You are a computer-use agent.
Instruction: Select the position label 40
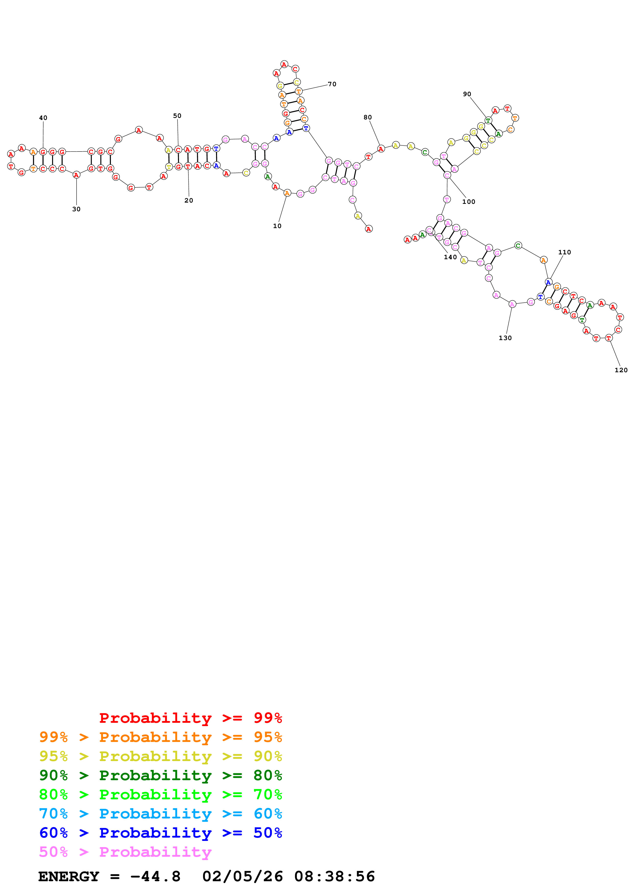coord(43,118)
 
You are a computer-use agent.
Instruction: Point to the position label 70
coord(332,84)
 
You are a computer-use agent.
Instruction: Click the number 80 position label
coord(368,117)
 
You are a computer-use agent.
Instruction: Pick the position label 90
coord(467,94)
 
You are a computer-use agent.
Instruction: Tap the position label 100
coord(469,202)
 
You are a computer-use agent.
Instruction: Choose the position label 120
coord(621,370)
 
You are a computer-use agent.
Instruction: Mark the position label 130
coord(505,338)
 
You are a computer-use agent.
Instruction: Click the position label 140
coord(450,257)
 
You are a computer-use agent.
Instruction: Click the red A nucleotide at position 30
coord(76,175)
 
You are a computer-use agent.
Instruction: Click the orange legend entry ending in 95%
coord(160,737)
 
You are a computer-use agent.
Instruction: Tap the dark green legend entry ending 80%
coord(160,775)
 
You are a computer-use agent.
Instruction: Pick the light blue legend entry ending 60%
coord(160,814)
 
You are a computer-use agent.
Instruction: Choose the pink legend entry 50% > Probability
coord(125,852)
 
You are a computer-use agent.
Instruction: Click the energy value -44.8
coord(155,877)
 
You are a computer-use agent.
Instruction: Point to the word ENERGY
coord(69,877)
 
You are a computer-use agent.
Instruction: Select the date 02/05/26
coord(242,877)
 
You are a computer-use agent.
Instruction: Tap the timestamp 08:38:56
coord(334,877)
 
